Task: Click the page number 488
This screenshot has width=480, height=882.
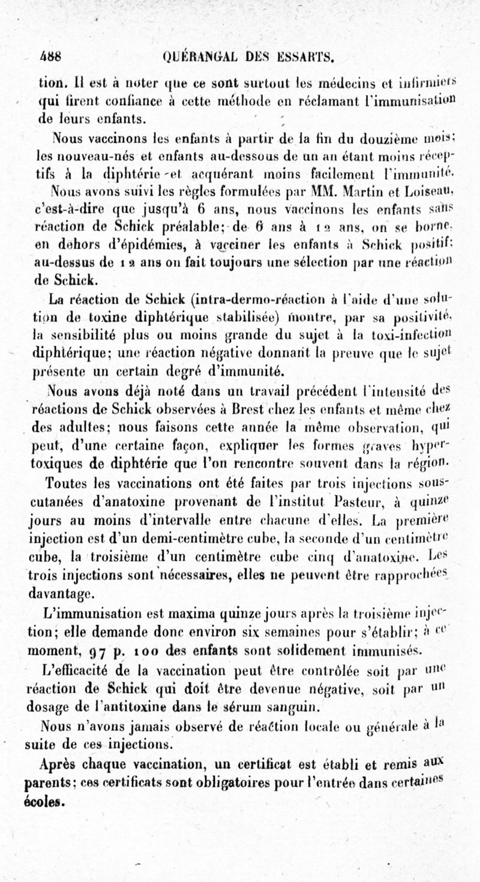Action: (52, 58)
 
